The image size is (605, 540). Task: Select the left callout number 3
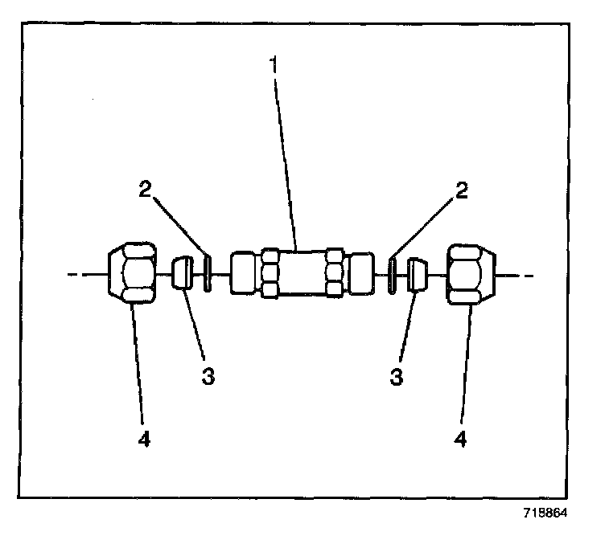[208, 376]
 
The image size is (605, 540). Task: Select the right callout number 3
[396, 376]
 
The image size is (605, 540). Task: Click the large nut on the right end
[471, 275]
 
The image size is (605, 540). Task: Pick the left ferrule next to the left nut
[183, 273]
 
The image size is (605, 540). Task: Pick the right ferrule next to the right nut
[418, 274]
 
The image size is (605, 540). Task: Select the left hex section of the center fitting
[270, 275]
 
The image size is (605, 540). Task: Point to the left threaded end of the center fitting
[244, 275]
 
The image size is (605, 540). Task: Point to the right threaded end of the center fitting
[361, 275]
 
